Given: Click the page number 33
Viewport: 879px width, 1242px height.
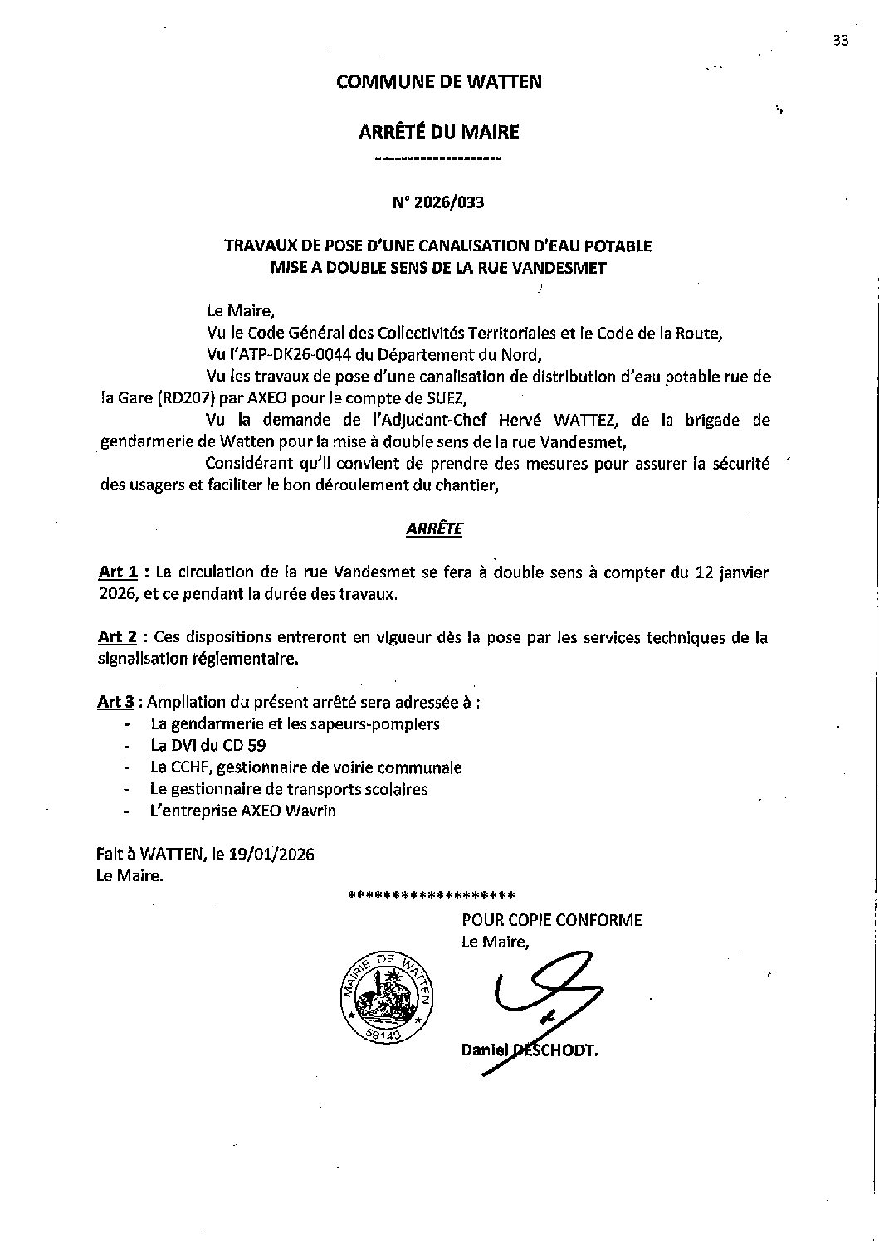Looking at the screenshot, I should (x=841, y=43).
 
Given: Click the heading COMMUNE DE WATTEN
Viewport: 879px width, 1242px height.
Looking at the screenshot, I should (x=439, y=81).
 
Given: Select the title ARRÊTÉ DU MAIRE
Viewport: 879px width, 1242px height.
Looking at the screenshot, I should (x=439, y=131).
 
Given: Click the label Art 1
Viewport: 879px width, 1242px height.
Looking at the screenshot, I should (x=118, y=572).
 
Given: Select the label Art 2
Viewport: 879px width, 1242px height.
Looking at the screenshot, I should (x=118, y=637).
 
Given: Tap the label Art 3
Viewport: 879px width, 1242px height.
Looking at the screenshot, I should (x=116, y=702).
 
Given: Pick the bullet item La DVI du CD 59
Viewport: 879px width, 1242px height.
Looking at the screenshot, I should (x=208, y=745).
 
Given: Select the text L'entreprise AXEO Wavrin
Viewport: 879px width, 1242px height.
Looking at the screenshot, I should (x=243, y=811).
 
